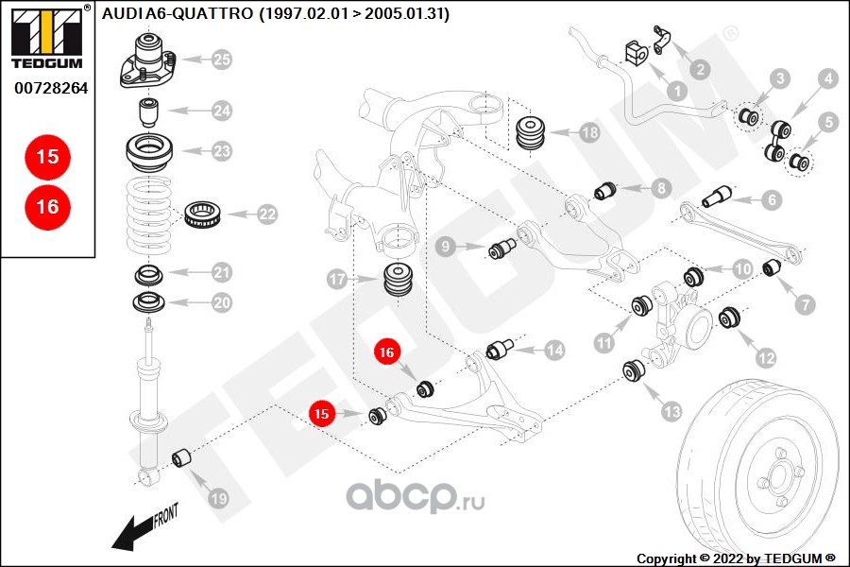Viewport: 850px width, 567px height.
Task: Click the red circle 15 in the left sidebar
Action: click(48, 157)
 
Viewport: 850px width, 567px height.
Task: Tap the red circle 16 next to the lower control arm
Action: click(386, 352)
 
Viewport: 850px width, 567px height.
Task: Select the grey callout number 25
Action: click(221, 60)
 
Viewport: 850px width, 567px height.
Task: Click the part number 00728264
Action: click(51, 88)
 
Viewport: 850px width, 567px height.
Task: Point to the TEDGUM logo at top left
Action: click(47, 37)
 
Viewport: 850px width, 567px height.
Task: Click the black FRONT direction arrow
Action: click(134, 533)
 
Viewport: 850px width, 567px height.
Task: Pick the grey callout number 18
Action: click(589, 132)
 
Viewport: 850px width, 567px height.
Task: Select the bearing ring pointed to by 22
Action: click(202, 215)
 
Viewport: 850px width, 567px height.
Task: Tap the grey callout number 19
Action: click(218, 498)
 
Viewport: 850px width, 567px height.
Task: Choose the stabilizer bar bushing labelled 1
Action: click(636, 53)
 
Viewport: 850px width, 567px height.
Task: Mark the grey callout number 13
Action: click(671, 412)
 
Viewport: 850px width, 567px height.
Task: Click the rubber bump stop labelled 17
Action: click(399, 281)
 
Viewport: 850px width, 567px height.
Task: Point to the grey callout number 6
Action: click(772, 199)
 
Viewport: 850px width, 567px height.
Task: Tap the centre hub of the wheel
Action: click(778, 477)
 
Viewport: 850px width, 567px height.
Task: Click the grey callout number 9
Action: click(446, 247)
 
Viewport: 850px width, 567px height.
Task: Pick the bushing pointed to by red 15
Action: click(377, 416)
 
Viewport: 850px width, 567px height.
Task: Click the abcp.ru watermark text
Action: click(416, 496)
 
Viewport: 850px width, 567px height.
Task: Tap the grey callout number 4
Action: click(827, 79)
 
